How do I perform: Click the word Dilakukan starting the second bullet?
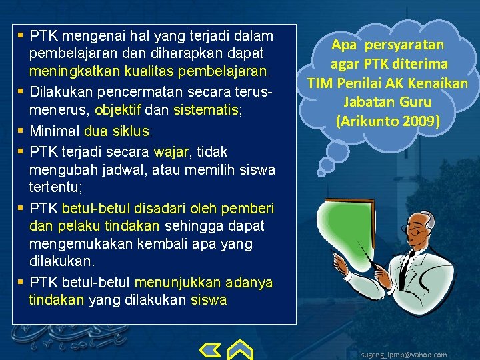pos(66,88)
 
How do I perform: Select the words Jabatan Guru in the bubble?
pos(387,102)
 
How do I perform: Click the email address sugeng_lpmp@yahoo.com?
pos(403,355)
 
